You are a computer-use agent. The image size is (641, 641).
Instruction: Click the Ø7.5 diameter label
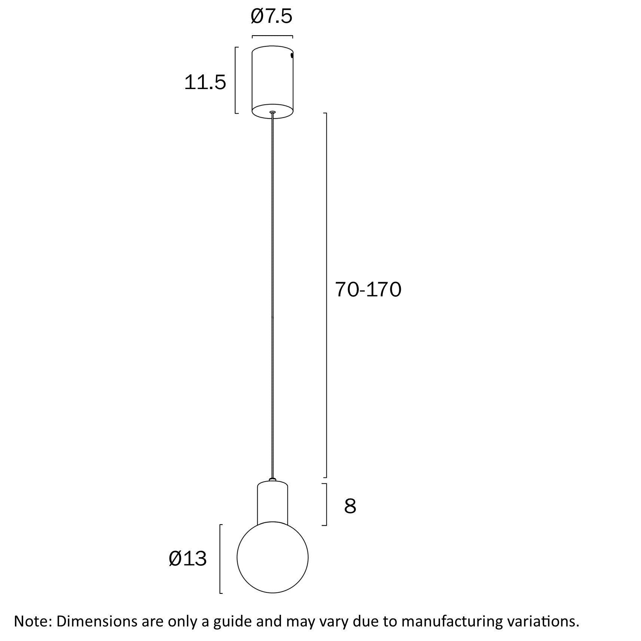[271, 17]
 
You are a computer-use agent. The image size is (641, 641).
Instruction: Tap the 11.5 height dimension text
[205, 82]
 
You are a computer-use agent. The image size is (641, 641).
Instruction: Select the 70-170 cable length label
[368, 290]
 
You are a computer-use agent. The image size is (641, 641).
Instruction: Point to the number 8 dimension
[350, 506]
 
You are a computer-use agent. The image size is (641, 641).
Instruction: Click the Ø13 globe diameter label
[187, 559]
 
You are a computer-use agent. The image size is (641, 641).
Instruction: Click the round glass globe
[272, 558]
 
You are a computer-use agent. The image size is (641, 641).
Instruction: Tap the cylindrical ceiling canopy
[272, 80]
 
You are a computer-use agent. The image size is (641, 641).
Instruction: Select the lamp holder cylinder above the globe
[272, 501]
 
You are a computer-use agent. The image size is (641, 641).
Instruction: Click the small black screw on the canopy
[292, 56]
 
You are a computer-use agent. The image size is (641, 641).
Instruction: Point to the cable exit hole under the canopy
[272, 112]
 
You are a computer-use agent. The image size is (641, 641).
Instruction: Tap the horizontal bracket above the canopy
[272, 36]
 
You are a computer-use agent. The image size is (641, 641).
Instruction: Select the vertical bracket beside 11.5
[236, 80]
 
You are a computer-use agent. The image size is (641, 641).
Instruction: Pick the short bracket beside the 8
[326, 504]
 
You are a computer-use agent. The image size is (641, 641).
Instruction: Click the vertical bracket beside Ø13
[221, 559]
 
